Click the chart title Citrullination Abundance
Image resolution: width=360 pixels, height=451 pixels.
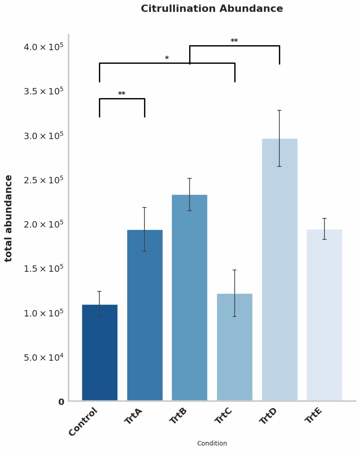click(212, 9)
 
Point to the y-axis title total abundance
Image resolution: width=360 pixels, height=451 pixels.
click(9, 218)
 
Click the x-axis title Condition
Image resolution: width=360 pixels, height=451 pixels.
click(212, 443)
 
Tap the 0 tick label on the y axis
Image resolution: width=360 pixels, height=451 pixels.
click(61, 402)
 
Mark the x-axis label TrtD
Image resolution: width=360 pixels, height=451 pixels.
click(268, 415)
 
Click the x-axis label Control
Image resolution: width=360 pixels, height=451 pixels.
click(83, 422)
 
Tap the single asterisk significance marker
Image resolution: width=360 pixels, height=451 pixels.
click(167, 58)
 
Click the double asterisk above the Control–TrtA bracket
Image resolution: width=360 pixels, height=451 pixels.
click(122, 94)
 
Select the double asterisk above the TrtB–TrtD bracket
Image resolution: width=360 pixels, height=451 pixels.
click(234, 41)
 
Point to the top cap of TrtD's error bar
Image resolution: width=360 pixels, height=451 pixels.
click(279, 110)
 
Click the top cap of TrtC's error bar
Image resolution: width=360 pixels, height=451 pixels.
click(234, 270)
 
